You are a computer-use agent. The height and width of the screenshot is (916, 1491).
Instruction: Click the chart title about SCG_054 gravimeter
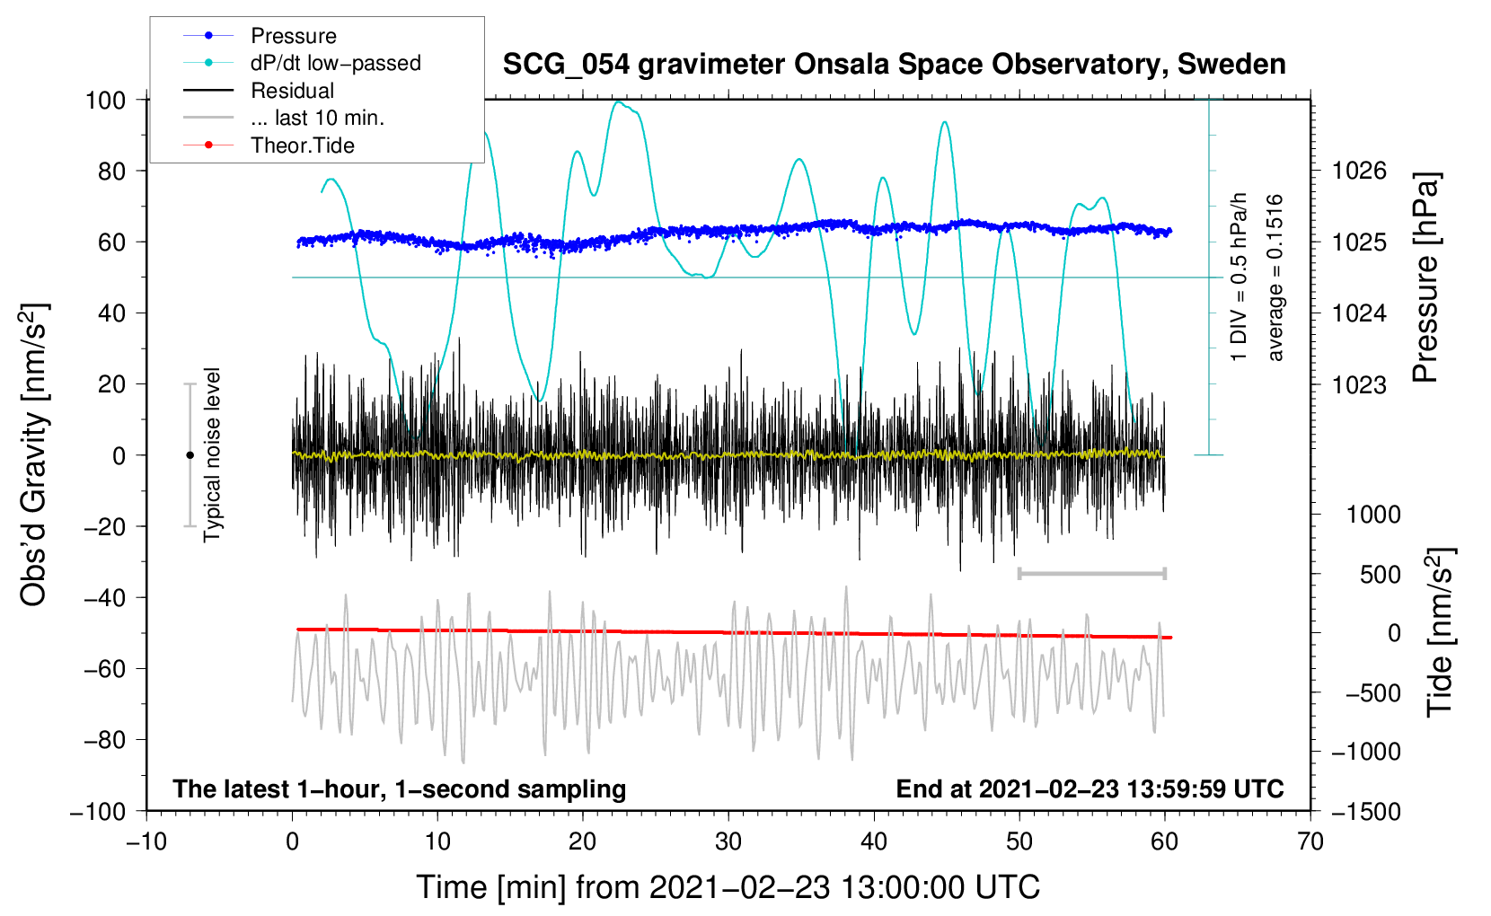pyautogui.click(x=894, y=65)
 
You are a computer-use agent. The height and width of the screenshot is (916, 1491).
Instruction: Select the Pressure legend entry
pyautogui.click(x=293, y=36)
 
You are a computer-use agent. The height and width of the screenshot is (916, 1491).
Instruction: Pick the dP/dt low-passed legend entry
pyautogui.click(x=335, y=63)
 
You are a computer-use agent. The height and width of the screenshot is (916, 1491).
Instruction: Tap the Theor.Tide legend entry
pyautogui.click(x=302, y=145)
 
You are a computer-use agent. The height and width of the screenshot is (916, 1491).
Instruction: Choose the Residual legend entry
pyautogui.click(x=292, y=91)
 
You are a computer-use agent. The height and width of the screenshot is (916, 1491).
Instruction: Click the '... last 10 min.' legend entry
pyautogui.click(x=317, y=118)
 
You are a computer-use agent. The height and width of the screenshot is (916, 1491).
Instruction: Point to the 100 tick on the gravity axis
pyautogui.click(x=105, y=100)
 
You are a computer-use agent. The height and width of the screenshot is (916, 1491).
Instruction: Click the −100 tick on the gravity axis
pyautogui.click(x=98, y=811)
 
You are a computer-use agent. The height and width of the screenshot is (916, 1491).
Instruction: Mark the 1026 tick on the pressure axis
pyautogui.click(x=1359, y=171)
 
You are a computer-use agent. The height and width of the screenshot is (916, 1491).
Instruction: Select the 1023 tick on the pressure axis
pyautogui.click(x=1359, y=384)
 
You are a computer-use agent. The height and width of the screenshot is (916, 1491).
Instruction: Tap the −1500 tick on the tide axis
pyautogui.click(x=1365, y=811)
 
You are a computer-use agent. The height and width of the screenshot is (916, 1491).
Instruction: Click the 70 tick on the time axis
pyautogui.click(x=1310, y=841)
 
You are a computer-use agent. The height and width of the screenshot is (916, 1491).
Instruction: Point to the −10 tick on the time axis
pyautogui.click(x=146, y=841)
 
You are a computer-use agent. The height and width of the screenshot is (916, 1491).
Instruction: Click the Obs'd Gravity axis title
pyautogui.click(x=34, y=454)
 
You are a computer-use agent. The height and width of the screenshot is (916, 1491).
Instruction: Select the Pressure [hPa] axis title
pyautogui.click(x=1425, y=278)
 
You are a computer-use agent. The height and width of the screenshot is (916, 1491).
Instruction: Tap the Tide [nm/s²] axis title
pyautogui.click(x=1440, y=632)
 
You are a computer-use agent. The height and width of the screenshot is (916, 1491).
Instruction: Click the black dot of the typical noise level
pyautogui.click(x=190, y=455)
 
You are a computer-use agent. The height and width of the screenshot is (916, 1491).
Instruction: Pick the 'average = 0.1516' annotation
pyautogui.click(x=1275, y=278)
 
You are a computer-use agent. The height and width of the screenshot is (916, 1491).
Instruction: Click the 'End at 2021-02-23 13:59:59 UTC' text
pyautogui.click(x=1090, y=788)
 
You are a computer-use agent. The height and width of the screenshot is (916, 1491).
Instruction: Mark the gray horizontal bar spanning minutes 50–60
pyautogui.click(x=1091, y=573)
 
